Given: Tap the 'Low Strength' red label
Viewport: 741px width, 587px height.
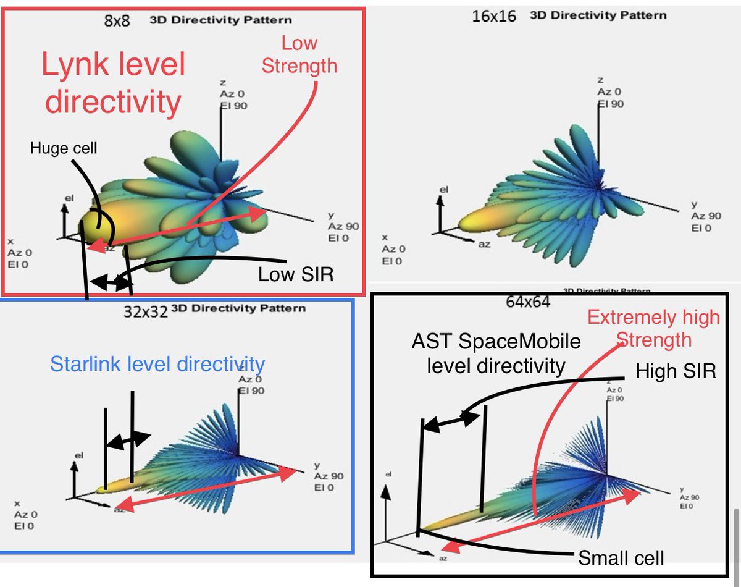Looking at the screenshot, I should tap(299, 54).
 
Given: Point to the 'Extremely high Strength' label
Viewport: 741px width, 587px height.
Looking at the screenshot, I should tap(653, 328).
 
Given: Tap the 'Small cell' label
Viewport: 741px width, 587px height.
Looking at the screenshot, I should tap(621, 558).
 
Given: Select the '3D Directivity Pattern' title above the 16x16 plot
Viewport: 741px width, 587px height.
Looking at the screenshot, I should tap(598, 15).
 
